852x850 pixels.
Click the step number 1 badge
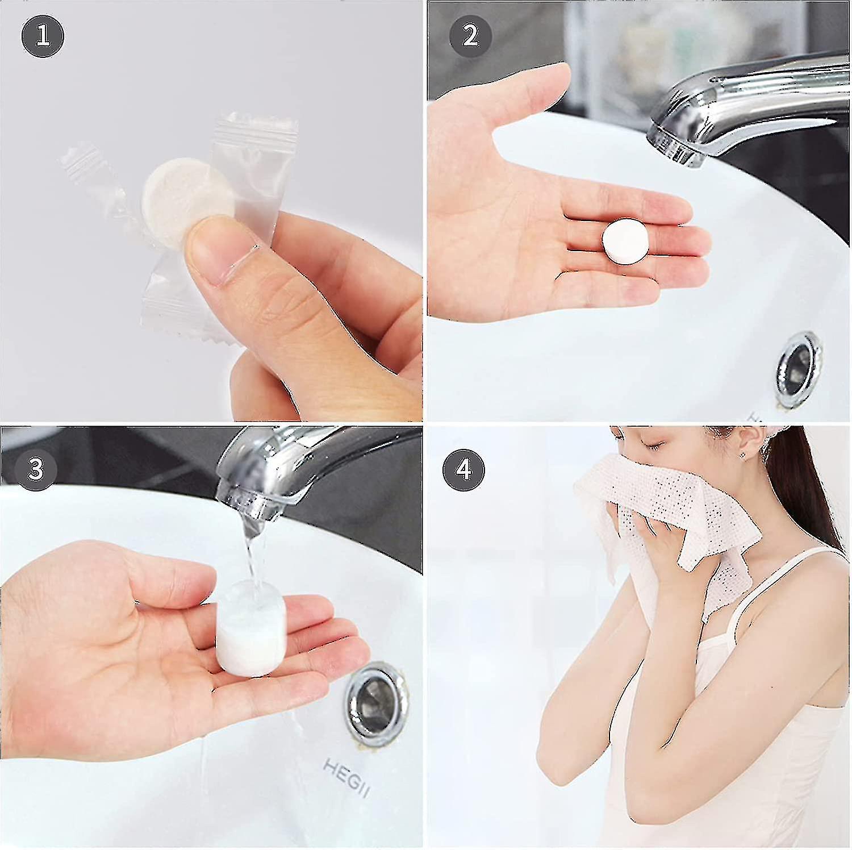43,36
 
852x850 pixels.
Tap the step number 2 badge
470,36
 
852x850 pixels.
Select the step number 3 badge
36,469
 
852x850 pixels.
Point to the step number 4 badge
464,469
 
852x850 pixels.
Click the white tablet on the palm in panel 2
625,242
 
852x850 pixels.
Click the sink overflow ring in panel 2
799,369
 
